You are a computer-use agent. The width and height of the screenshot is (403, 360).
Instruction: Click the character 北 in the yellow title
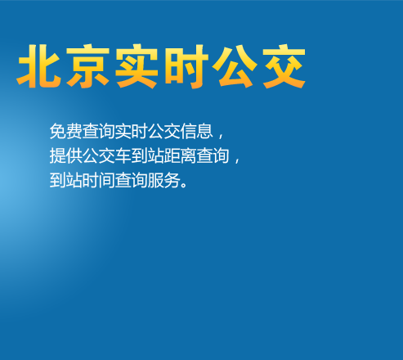(39, 66)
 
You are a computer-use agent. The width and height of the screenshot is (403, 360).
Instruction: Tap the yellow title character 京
(87, 66)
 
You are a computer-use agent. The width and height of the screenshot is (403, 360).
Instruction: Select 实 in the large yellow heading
(137, 66)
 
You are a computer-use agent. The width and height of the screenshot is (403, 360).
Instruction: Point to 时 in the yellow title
(186, 66)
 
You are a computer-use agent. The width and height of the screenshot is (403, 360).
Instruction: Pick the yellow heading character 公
(235, 66)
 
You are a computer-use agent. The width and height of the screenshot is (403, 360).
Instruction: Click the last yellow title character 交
(284, 66)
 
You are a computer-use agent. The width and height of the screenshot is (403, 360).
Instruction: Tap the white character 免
(58, 131)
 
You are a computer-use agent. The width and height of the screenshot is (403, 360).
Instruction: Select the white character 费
(74, 131)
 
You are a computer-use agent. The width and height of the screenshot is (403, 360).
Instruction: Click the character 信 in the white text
(189, 131)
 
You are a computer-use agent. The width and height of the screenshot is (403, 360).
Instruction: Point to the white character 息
(205, 131)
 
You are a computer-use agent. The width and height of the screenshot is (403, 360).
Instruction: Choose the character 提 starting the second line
(58, 155)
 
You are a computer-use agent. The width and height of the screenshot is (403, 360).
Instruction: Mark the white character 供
(74, 155)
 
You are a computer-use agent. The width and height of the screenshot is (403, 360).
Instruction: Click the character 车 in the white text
(123, 155)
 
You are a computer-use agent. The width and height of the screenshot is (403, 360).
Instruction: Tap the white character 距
(172, 155)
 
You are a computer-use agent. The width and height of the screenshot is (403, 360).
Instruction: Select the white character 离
(189, 155)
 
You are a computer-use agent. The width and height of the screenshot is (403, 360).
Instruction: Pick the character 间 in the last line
(107, 180)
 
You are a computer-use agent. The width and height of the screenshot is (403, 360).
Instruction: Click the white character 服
(156, 180)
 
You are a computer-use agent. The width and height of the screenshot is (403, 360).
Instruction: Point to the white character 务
(172, 180)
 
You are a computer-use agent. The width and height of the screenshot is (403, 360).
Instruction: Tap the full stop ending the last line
(184, 185)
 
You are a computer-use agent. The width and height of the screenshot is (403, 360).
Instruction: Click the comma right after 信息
(221, 136)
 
